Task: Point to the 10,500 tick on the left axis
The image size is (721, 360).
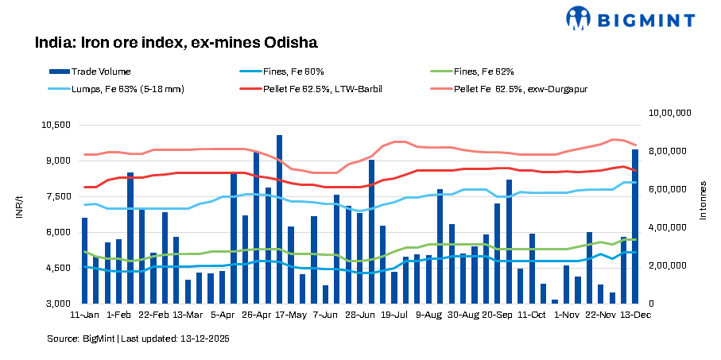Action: coord(56,125)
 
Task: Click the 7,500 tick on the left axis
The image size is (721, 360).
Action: coord(58,196)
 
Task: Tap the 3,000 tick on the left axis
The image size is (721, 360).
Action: coord(58,304)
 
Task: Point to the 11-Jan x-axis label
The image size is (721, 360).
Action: coord(84,315)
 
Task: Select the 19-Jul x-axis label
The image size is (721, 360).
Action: coord(393,315)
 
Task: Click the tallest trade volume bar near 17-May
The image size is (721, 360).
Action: coord(279,219)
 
